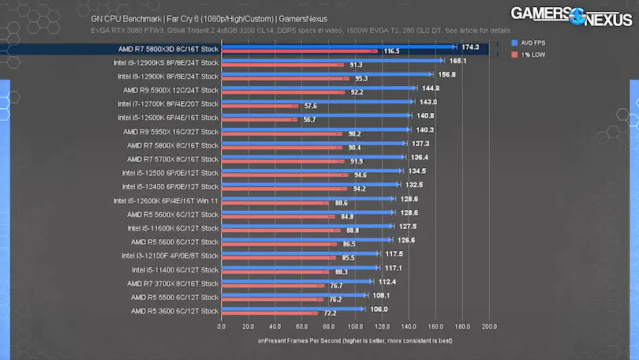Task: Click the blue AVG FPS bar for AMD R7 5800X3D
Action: [x=338, y=47]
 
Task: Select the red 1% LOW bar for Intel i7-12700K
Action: [x=259, y=106]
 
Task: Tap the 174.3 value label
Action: [x=470, y=47]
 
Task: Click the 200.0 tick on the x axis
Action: [x=488, y=325]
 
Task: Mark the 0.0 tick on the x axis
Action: [x=221, y=325]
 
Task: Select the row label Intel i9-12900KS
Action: [x=166, y=62]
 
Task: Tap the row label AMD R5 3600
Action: [x=174, y=311]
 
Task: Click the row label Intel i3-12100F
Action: [x=170, y=256]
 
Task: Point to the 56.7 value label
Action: [x=309, y=120]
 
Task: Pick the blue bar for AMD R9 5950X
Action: [x=315, y=130]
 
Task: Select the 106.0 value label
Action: [x=379, y=309]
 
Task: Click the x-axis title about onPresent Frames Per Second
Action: [x=354, y=341]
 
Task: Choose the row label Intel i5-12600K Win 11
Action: [x=166, y=201]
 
